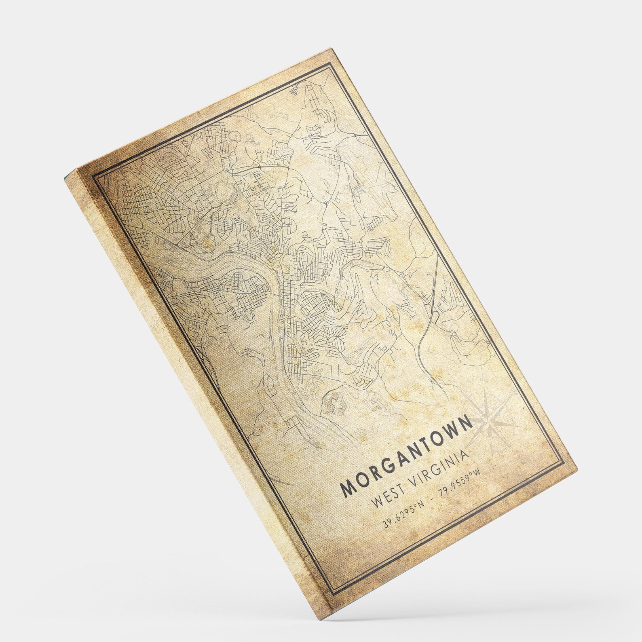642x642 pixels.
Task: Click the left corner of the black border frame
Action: [x=94, y=177]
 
